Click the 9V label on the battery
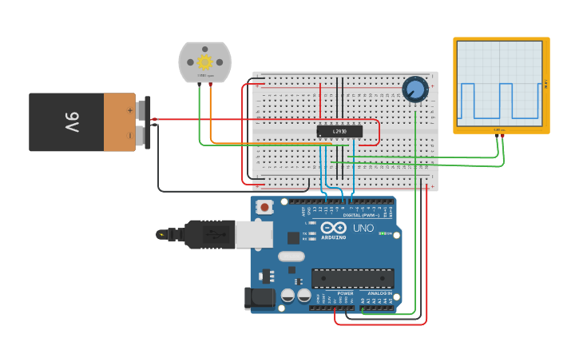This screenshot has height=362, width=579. click(x=72, y=122)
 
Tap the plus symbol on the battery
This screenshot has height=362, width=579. click(x=130, y=109)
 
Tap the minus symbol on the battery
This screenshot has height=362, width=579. click(x=130, y=135)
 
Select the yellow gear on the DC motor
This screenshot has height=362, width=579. click(x=204, y=62)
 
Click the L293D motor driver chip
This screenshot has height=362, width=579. click(x=339, y=131)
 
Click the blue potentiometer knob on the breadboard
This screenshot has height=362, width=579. click(x=414, y=89)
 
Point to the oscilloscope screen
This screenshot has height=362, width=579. click(x=499, y=84)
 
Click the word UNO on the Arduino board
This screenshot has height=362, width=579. click(x=363, y=228)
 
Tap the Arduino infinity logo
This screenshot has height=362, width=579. click(x=334, y=228)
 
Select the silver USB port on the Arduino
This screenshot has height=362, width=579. click(x=254, y=234)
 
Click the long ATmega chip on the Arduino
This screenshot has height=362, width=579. click(x=352, y=278)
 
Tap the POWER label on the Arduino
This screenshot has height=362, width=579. click(x=345, y=293)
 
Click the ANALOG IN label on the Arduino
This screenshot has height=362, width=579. click(x=379, y=293)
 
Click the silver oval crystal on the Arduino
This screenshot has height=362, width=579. click(x=291, y=257)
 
